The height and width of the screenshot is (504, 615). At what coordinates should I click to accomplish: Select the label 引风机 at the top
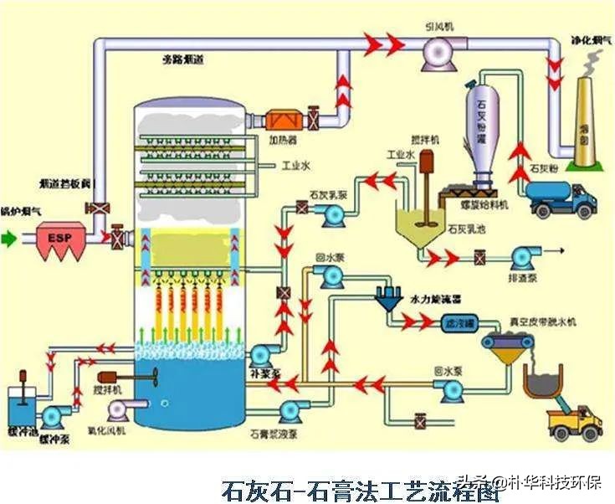coord(438,27)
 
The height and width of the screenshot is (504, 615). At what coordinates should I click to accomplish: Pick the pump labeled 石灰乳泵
coord(331,214)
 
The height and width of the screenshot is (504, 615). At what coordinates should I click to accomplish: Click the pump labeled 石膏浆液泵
coord(292,410)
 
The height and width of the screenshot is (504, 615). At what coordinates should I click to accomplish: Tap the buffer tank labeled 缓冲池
coord(18,410)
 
